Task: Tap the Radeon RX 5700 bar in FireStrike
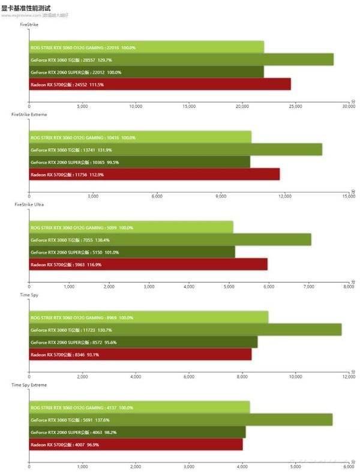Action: [x=160, y=85]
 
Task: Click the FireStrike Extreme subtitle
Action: [x=29, y=114]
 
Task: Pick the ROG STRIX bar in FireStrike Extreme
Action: [x=140, y=137]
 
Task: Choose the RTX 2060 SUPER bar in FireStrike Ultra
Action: [x=132, y=252]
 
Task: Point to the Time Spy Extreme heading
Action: [x=29, y=384]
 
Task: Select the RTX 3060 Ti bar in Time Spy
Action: [x=185, y=330]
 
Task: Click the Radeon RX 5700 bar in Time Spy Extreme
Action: [x=136, y=444]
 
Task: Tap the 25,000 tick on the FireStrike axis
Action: [x=295, y=106]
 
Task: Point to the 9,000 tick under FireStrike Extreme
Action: [x=221, y=196]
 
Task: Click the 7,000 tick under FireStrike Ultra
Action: [x=309, y=287]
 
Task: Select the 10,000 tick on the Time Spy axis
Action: [x=295, y=377]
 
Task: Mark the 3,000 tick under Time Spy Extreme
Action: [x=189, y=466]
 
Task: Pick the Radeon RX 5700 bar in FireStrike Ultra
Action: [x=148, y=264]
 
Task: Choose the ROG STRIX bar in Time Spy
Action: [x=149, y=317]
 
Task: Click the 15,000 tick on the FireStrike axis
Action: [x=188, y=106]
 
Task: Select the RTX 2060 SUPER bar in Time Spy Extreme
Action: [x=137, y=432]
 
